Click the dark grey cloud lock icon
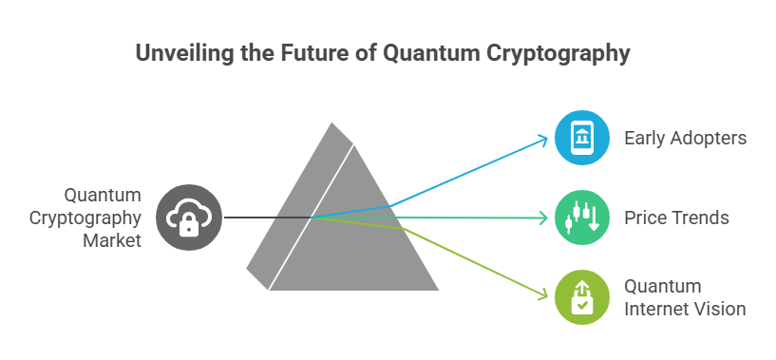pyautogui.click(x=189, y=218)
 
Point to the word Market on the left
pyautogui.click(x=112, y=240)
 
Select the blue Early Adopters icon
pyautogui.click(x=580, y=139)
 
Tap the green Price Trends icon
pyautogui.click(x=580, y=218)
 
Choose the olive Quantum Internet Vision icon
pyautogui.click(x=580, y=298)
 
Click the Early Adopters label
pyautogui.click(x=685, y=139)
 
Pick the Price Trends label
pyautogui.click(x=676, y=218)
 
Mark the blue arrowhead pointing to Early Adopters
pyautogui.click(x=544, y=139)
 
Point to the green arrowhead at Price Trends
pyautogui.click(x=544, y=218)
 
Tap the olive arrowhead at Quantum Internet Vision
pyautogui.click(x=544, y=296)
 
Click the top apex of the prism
pyautogui.click(x=333, y=124)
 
